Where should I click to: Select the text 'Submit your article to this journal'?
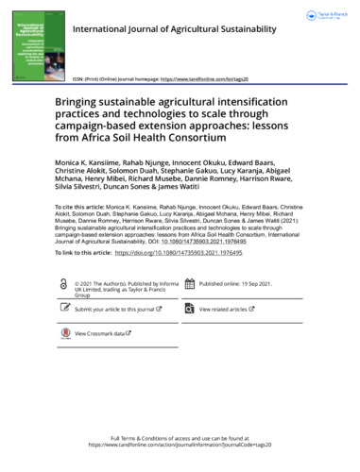[x=115, y=309]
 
